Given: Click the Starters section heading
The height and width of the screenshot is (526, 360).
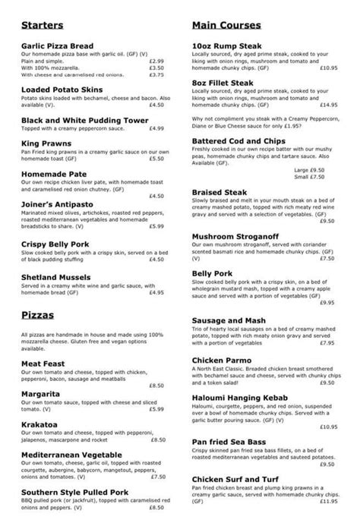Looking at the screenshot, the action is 43,24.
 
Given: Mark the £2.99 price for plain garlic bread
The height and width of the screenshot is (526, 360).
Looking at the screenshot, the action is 156,61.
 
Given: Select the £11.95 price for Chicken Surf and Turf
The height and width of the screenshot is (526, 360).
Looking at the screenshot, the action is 327,501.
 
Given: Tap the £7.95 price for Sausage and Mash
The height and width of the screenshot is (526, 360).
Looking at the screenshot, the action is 327,342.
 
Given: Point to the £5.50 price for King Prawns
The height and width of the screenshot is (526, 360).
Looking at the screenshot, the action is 156,158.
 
